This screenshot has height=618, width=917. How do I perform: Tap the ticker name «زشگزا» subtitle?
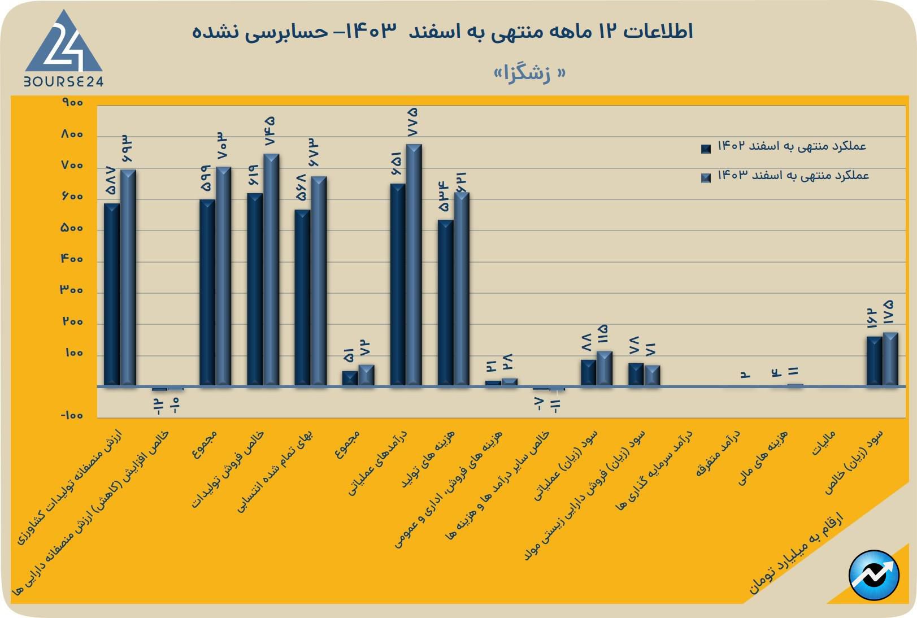[529, 73]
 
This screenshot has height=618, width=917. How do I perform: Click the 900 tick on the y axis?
[73, 103]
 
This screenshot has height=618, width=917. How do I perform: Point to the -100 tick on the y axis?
[71, 416]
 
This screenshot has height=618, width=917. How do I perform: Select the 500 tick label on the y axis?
[72, 228]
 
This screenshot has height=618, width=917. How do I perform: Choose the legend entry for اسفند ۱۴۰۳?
[785, 176]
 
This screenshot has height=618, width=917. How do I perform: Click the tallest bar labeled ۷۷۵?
[414, 266]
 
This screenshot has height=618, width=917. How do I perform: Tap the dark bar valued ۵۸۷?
[112, 294]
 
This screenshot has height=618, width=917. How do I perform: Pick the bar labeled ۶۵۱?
[398, 285]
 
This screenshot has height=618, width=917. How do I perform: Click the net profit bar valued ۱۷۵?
[890, 359]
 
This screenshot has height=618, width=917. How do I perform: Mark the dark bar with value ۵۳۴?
[445, 303]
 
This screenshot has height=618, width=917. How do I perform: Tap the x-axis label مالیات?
[824, 443]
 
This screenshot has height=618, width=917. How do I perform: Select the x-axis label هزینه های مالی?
[763, 458]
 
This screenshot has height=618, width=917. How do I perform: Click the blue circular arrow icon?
[874, 575]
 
